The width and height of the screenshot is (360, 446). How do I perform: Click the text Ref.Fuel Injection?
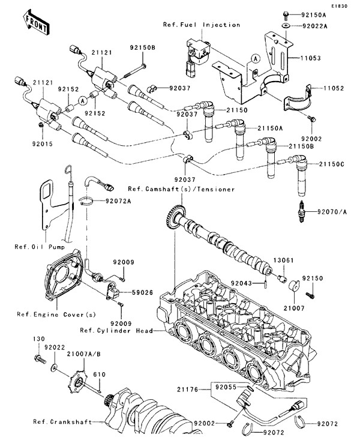coord(202,25)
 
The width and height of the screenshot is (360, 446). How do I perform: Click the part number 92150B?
coord(144,47)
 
